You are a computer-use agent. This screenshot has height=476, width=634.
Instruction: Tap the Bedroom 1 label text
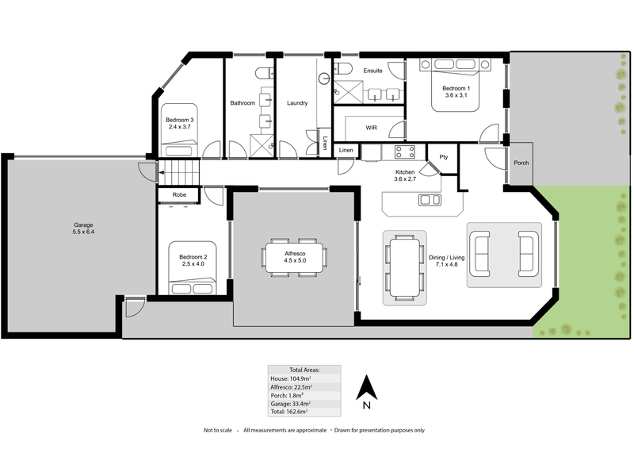456,88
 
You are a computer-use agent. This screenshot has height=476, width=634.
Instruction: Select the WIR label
371,127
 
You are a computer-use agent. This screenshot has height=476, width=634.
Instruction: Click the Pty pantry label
444,157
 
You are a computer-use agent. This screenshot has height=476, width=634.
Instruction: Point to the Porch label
521,163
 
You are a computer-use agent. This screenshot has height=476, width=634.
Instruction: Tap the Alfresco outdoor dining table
294,257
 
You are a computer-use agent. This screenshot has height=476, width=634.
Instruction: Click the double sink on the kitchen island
430,200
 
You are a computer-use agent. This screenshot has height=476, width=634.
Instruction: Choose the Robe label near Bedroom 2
178,194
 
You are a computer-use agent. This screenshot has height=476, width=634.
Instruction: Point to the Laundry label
297,103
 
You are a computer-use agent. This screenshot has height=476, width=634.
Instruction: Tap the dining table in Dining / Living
404,267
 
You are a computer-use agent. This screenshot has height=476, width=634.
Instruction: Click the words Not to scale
217,430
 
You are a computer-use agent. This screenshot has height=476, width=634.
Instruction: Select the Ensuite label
372,71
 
